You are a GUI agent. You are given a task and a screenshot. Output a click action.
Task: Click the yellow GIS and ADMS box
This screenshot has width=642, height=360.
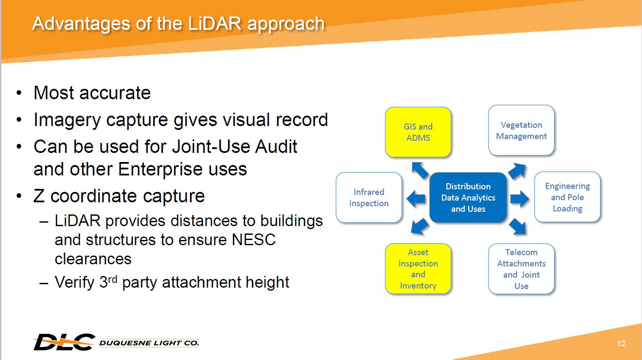click(418, 132)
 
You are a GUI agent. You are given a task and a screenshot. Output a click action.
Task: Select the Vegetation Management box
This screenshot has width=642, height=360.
click(521, 130)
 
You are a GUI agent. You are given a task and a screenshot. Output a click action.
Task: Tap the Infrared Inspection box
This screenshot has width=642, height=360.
click(369, 198)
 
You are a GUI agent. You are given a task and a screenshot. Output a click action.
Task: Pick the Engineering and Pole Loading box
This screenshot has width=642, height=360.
click(567, 197)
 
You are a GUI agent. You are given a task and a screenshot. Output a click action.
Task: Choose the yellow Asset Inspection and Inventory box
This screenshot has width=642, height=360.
click(418, 269)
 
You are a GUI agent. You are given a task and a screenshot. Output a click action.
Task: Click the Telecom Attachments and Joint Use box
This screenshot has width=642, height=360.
click(521, 269)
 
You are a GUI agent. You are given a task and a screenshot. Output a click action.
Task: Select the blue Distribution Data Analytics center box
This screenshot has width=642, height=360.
click(468, 198)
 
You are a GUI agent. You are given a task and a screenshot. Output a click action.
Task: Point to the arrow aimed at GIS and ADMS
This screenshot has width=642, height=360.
click(420, 170)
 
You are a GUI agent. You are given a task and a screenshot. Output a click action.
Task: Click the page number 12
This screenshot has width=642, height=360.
click(621, 344)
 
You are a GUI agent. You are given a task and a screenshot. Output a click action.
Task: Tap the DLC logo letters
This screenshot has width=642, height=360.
click(64, 342)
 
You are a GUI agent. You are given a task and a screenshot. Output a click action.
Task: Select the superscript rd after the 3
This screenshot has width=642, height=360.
click(113, 279)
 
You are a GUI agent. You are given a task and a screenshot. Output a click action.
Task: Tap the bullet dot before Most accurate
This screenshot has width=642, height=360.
click(19, 93)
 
